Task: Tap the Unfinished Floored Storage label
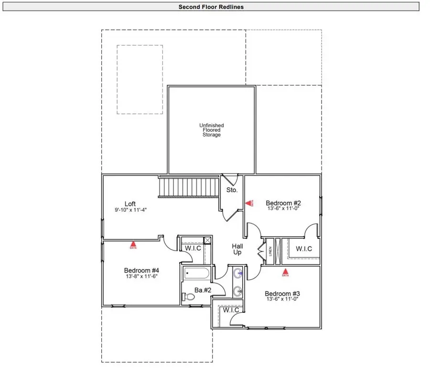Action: (x=211, y=130)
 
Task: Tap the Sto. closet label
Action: (x=232, y=190)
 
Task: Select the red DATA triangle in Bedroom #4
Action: (x=133, y=246)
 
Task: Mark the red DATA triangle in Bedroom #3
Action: (x=286, y=274)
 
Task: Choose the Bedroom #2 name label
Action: (x=283, y=203)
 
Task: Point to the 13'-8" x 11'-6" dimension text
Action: (x=141, y=276)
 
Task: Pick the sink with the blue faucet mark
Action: (x=237, y=274)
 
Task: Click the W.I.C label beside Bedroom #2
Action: (x=304, y=248)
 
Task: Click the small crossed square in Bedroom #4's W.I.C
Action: (x=207, y=240)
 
